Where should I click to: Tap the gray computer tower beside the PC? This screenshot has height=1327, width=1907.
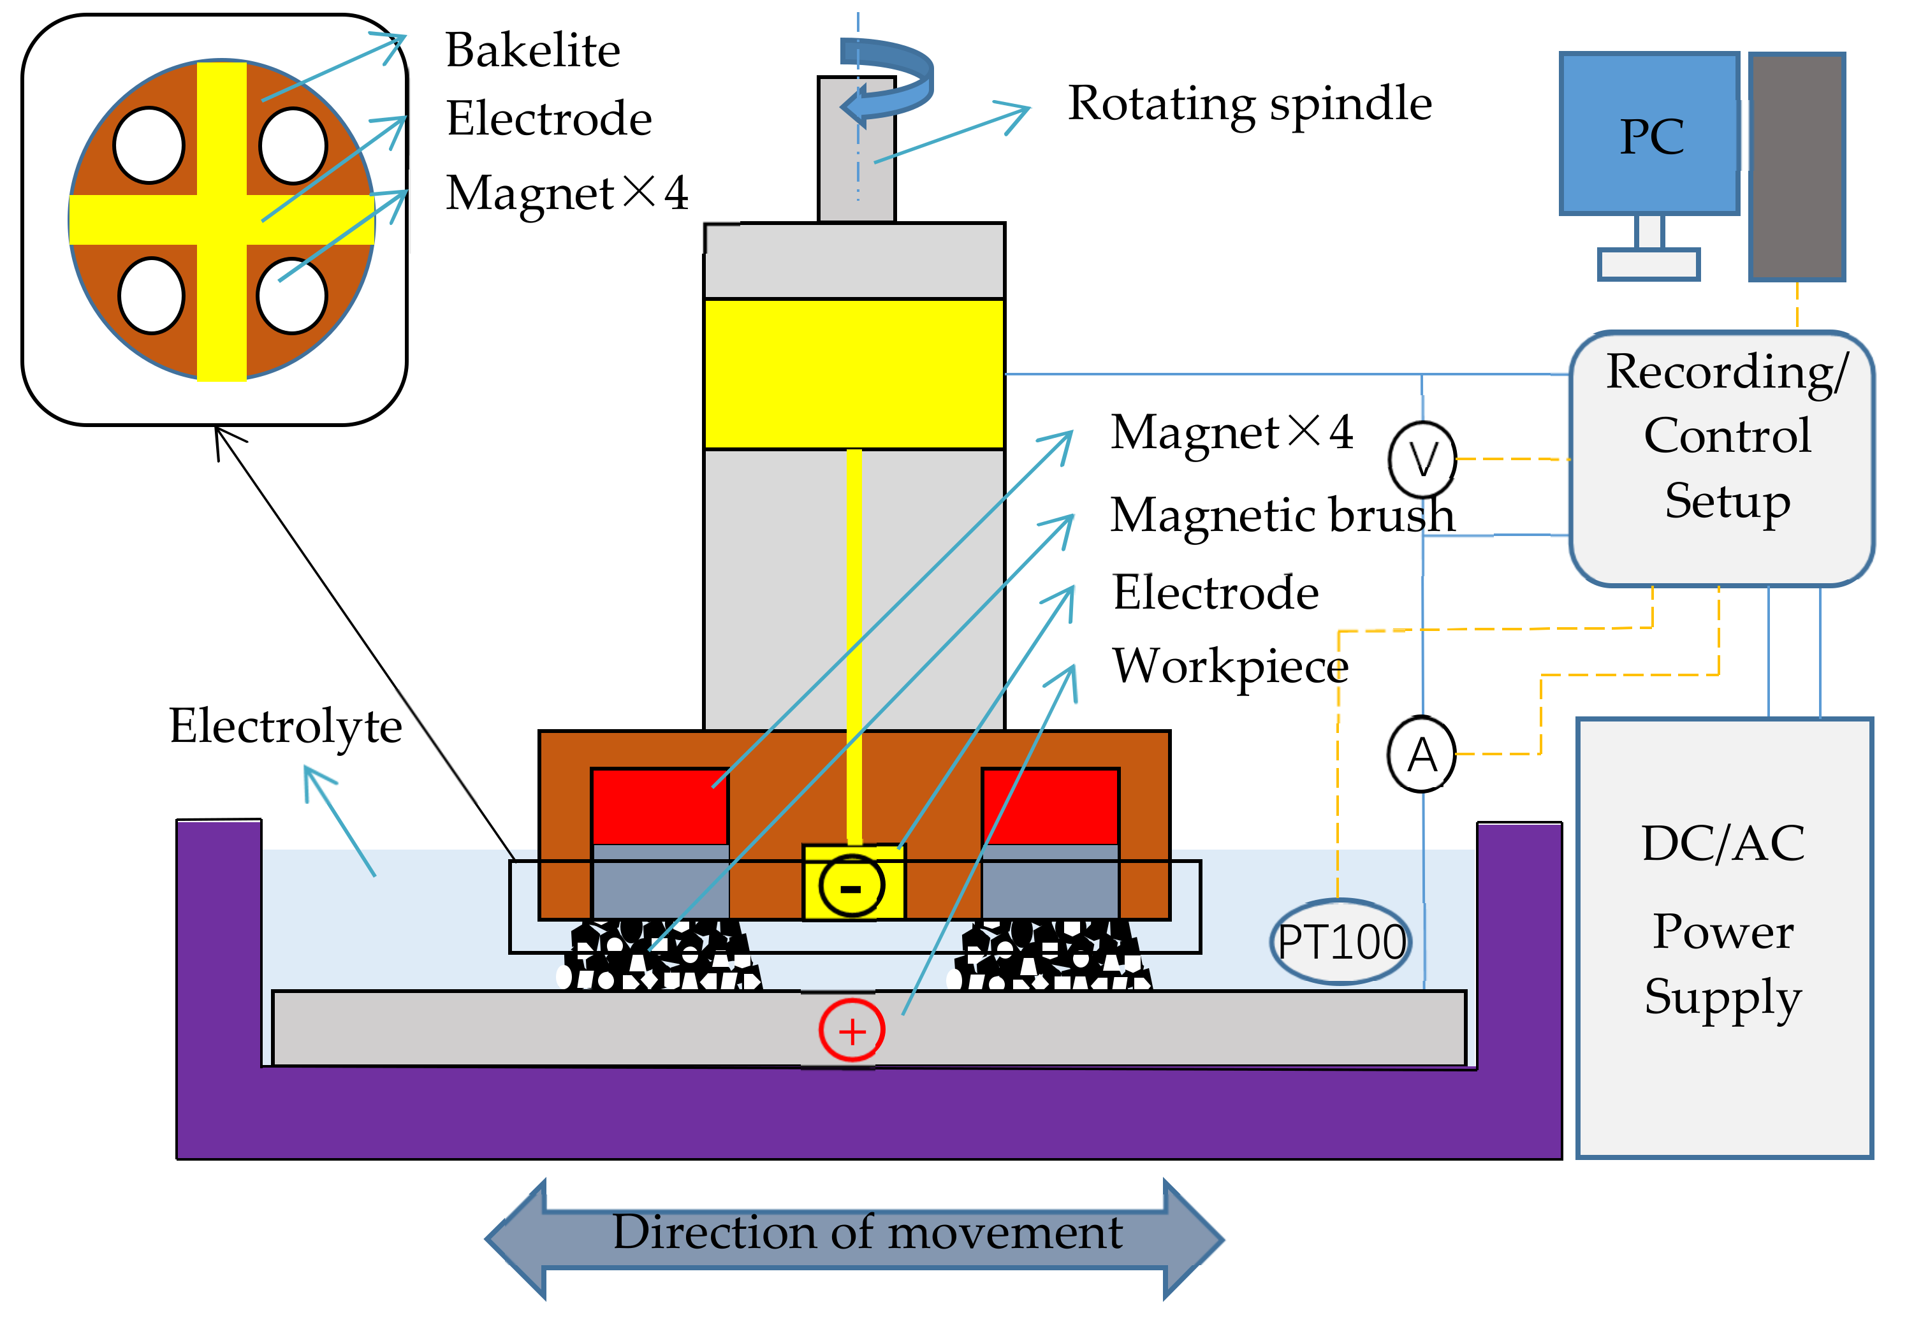tap(1797, 166)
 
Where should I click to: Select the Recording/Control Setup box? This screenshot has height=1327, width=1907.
tap(1721, 459)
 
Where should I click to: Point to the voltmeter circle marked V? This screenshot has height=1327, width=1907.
tap(1422, 458)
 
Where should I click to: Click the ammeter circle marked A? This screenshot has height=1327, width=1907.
tap(1422, 754)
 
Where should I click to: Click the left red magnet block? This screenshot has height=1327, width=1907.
tap(659, 806)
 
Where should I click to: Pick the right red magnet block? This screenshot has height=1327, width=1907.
tap(1051, 806)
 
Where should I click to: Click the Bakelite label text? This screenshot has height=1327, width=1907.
tap(532, 50)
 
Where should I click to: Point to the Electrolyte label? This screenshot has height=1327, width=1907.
tap(285, 726)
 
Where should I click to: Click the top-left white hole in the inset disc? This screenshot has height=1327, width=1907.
tap(149, 145)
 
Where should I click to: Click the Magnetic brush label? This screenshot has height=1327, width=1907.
tap(1282, 515)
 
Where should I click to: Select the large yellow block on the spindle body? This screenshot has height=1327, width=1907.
tap(854, 373)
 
